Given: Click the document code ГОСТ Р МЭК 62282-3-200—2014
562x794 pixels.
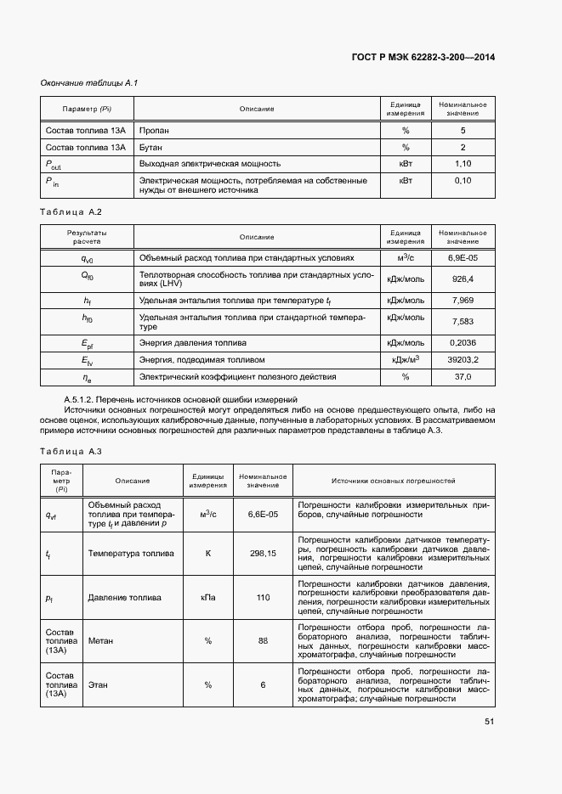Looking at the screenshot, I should (x=423, y=58).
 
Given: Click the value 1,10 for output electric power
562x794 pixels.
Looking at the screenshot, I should (x=463, y=163).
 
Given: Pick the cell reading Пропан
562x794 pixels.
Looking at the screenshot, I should (x=154, y=131).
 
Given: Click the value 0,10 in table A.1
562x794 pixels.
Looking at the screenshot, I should (x=463, y=181).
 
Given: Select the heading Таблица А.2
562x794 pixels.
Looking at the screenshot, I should (x=71, y=211).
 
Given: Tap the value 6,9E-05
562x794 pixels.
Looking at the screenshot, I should (x=463, y=257).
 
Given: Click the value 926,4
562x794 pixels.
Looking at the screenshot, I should (x=463, y=279).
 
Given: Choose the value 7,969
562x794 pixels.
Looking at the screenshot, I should (x=463, y=301).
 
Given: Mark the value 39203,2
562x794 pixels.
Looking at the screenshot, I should (x=463, y=360).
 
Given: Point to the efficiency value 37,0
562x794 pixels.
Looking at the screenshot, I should (x=463, y=376).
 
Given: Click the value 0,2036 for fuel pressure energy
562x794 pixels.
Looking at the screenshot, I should (x=463, y=343).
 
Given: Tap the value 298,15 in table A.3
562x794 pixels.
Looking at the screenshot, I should (x=263, y=553).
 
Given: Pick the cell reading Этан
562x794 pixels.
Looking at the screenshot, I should (x=98, y=684).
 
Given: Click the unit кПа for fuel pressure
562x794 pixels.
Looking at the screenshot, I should (x=207, y=597).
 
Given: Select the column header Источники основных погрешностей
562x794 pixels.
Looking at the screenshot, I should (x=394, y=481).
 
